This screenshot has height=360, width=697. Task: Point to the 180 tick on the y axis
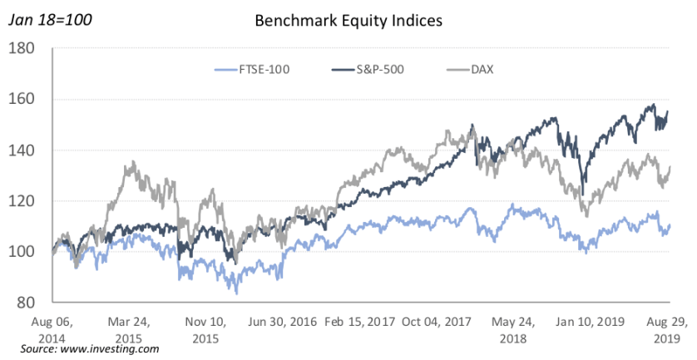click(x=32, y=49)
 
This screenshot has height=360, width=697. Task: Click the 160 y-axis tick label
click(x=32, y=100)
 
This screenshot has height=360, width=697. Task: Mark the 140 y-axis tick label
click(x=32, y=150)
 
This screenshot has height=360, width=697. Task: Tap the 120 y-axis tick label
click(x=32, y=201)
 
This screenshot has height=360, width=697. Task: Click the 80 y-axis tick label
click(x=35, y=302)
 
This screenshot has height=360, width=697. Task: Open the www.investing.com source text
click(x=89, y=349)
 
